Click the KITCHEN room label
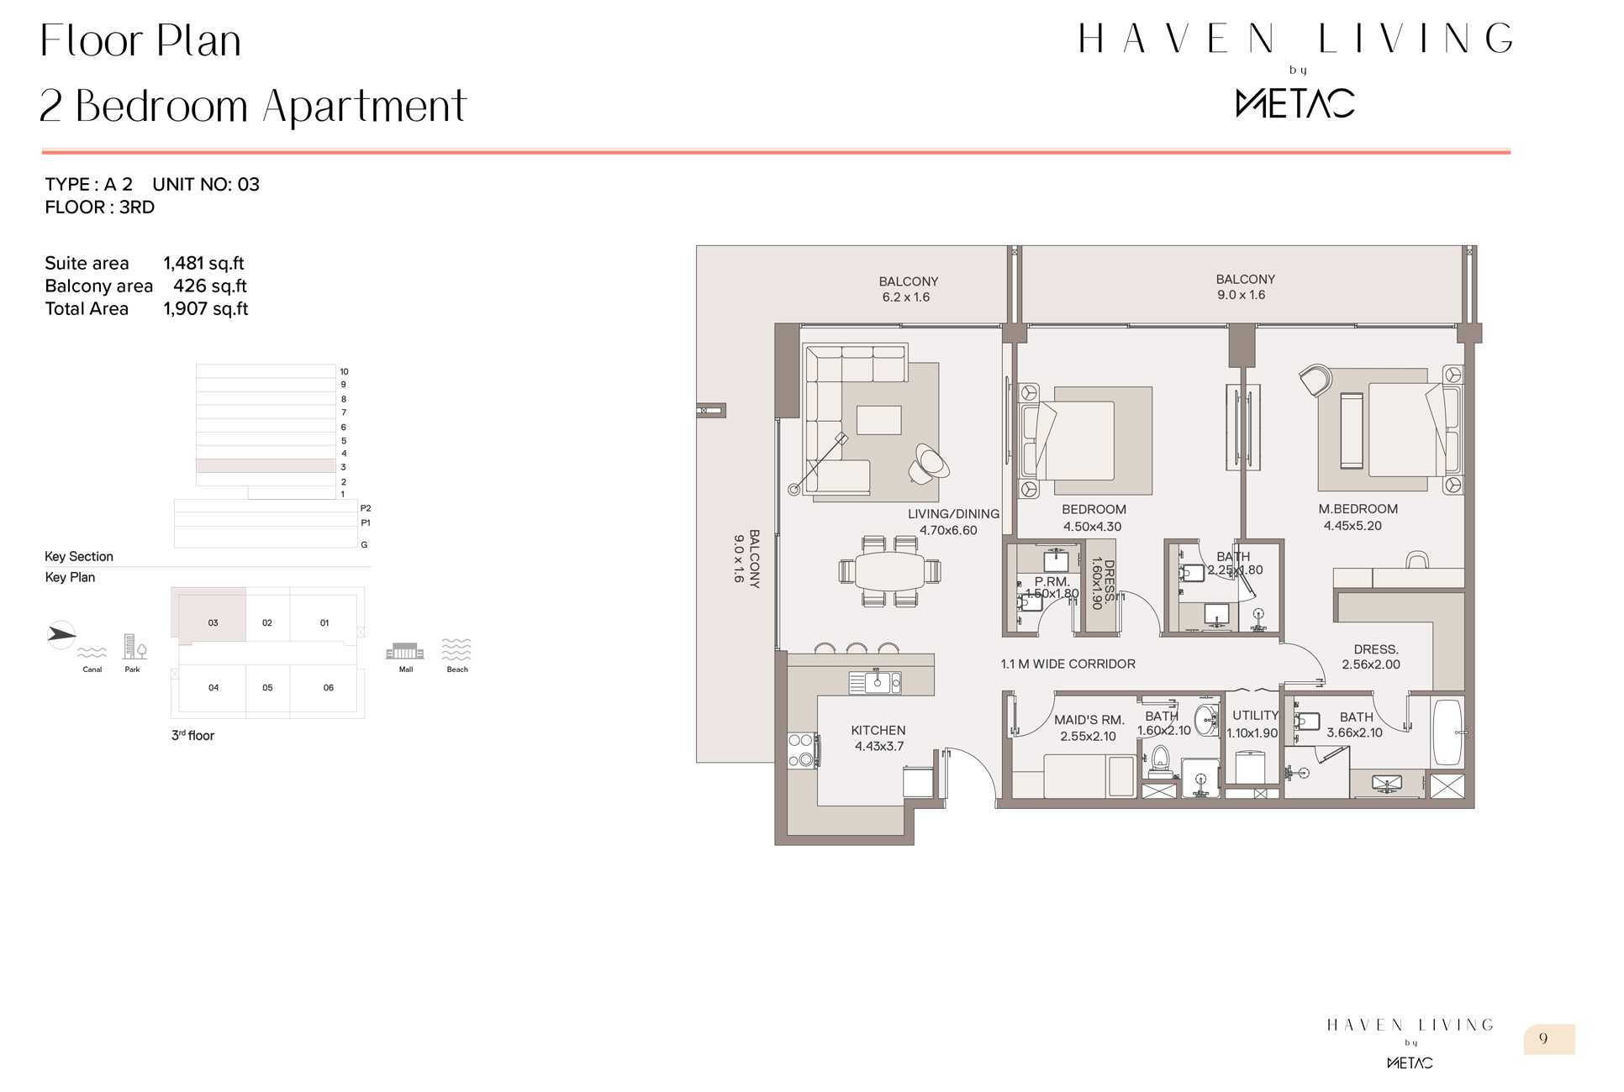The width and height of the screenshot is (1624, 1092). coord(878,731)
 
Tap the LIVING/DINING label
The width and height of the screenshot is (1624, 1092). coord(953,514)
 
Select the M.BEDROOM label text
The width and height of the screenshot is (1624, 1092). coord(1358,509)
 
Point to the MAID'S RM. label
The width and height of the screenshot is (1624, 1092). coord(1089,720)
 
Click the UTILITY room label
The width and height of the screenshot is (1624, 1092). coord(1255,716)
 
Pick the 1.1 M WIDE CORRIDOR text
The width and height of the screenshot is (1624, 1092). coord(1068,664)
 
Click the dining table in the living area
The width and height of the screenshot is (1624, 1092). coord(889,571)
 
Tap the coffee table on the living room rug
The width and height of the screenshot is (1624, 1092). coord(878,420)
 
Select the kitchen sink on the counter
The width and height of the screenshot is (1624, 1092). coord(875,682)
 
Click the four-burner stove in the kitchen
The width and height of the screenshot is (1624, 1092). coord(802,750)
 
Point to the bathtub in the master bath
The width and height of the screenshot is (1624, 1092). coord(1447,731)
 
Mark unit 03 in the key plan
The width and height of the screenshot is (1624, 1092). coord(213,623)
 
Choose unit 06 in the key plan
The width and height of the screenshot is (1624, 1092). coord(328,688)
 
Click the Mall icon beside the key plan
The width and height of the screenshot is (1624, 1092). coord(404,651)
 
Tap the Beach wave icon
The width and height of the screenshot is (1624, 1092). coord(456,649)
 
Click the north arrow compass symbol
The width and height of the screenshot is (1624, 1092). coord(61,634)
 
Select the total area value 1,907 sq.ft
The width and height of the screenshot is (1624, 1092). coord(206,309)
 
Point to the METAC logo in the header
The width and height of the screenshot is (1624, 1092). coord(1295,103)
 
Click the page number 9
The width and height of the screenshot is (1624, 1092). coord(1543,1038)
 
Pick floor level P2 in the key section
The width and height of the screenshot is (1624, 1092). coord(365,508)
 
